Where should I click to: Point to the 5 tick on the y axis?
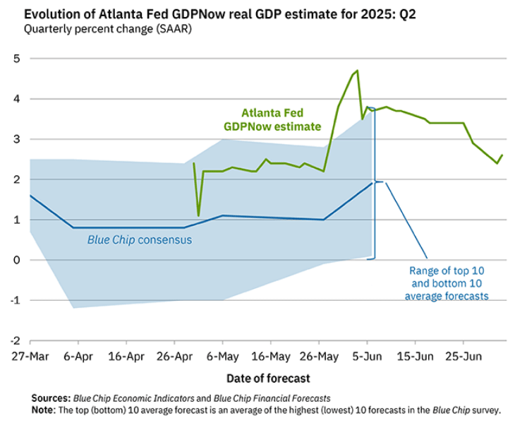(16, 59)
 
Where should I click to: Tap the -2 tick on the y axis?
(14, 340)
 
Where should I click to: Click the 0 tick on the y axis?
(16, 260)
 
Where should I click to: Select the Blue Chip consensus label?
(139, 240)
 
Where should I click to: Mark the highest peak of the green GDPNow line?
(358, 71)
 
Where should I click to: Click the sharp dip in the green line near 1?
(198, 215)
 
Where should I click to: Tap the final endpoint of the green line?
(502, 155)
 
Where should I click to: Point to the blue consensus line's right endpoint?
(372, 183)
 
